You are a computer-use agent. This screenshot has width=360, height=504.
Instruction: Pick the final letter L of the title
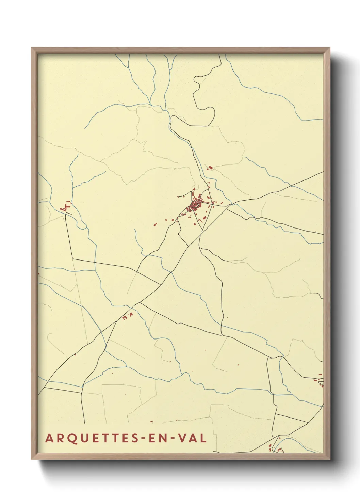[203, 438]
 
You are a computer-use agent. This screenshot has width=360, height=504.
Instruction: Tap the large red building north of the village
[210, 168]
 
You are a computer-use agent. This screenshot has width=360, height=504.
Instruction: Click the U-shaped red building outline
[125, 318]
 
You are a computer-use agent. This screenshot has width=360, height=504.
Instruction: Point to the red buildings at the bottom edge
[276, 449]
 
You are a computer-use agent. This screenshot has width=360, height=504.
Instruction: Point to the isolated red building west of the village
[155, 224]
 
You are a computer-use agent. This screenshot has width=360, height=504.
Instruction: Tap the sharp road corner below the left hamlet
[73, 259]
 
